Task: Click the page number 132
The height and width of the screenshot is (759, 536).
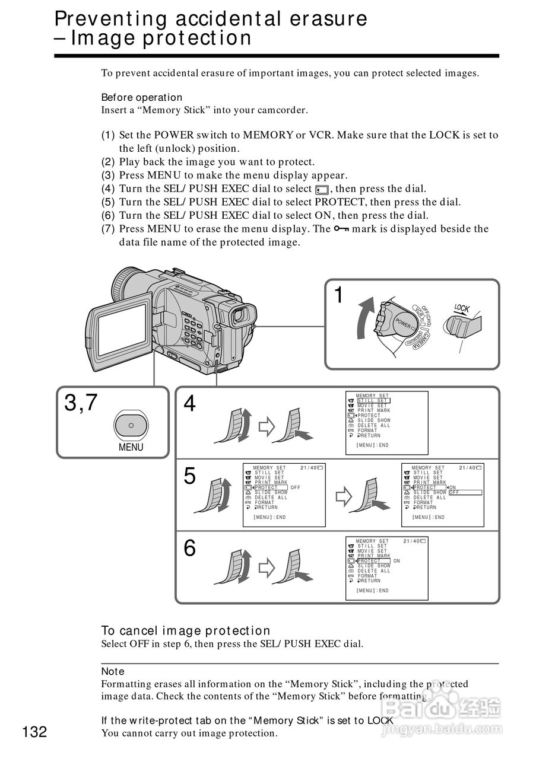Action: [35, 732]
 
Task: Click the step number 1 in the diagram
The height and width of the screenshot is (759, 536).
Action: [338, 295]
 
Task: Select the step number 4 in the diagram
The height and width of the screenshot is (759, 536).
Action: [189, 404]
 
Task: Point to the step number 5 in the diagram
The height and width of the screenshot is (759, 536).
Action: [189, 476]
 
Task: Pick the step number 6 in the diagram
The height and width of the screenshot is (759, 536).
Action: [189, 548]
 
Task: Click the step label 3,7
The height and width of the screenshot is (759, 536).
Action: [81, 403]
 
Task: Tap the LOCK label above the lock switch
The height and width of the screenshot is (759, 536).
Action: [462, 308]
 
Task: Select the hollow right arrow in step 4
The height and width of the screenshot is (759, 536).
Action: [268, 425]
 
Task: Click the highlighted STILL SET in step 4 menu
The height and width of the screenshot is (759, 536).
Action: [373, 401]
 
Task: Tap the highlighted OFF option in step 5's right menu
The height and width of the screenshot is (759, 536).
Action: [464, 493]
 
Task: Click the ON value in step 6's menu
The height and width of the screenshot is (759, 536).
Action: [397, 561]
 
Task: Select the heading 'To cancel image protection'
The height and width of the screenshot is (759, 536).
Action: [186, 631]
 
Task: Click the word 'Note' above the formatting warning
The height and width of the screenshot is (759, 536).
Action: [113, 671]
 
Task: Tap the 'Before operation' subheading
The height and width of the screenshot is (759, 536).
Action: [142, 97]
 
